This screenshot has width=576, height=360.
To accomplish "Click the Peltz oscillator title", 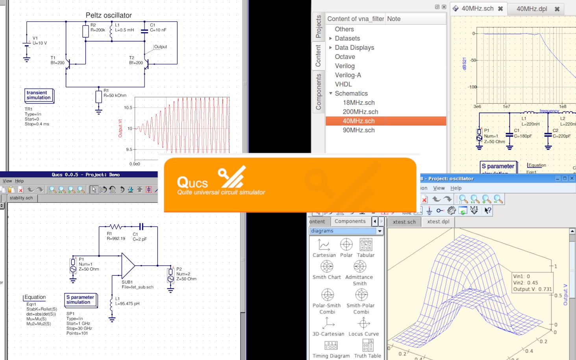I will coord(109,15).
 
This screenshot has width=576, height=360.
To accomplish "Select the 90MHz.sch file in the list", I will coord(358,130).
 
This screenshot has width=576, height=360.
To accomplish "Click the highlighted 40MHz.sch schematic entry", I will coord(358,121).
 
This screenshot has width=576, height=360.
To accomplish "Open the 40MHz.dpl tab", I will coord(532,9).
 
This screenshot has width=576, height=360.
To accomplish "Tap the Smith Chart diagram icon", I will coord(327,267).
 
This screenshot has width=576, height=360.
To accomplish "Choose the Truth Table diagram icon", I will coord(368,346).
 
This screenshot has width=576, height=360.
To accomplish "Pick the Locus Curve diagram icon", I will coord(364,324).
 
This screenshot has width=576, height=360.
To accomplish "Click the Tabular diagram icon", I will coord(366,245).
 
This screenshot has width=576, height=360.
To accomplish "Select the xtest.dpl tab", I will coord(438,222).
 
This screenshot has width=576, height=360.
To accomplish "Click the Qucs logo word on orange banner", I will coord(192,183).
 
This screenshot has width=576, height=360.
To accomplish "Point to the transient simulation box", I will coord(39,95).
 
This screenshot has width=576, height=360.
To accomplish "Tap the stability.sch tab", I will coord(21,198).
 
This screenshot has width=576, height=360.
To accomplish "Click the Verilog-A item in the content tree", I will coord(348,75).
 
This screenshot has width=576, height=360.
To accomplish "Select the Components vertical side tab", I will coord(318,92).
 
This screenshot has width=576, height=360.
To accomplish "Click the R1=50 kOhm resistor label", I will coord(115,95).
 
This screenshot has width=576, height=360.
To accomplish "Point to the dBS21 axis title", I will coord(464,64).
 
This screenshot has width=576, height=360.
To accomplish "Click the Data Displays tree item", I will coord(354,47).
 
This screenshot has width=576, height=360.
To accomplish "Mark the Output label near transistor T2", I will coord(160,47).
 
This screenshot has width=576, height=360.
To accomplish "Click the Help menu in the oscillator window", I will coord(456,188).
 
